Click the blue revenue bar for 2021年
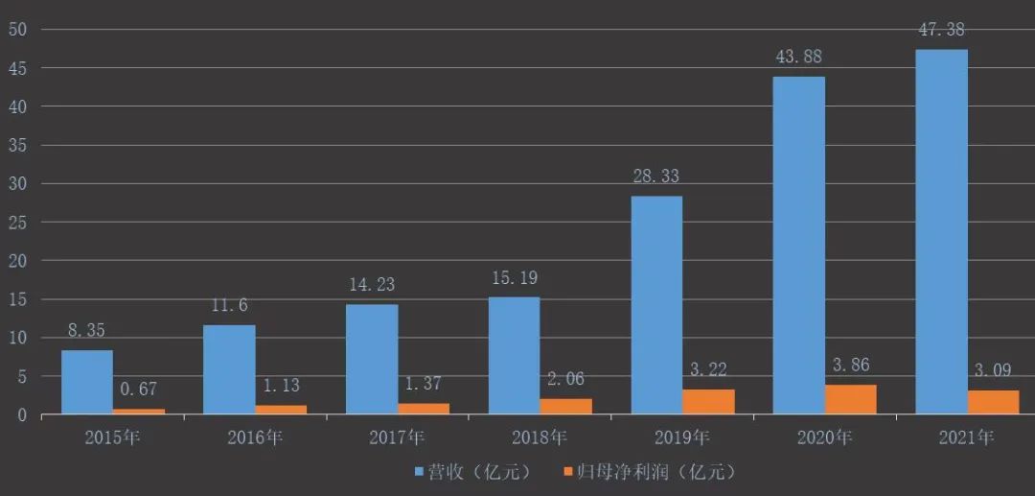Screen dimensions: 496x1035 point(941,232)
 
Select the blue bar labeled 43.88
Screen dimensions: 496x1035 point(799,246)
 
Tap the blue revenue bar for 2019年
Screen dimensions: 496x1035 point(656,305)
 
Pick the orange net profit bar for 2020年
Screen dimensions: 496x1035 point(851,400)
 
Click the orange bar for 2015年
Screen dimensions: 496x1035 point(139,412)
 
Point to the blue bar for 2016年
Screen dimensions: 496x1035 point(229,369)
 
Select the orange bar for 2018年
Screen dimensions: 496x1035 point(566,407)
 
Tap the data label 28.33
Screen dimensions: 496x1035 point(655,177)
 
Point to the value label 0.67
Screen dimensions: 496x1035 point(138,390)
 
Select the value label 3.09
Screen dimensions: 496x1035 point(992,369)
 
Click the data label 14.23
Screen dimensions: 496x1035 point(371,284)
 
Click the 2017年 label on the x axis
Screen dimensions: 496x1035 point(398,438)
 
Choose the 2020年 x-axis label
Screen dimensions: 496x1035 point(825,438)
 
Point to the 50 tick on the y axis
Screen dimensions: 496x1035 point(18,29)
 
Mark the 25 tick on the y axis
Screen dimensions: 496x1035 point(18,223)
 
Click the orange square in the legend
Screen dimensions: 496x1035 point(568,473)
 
